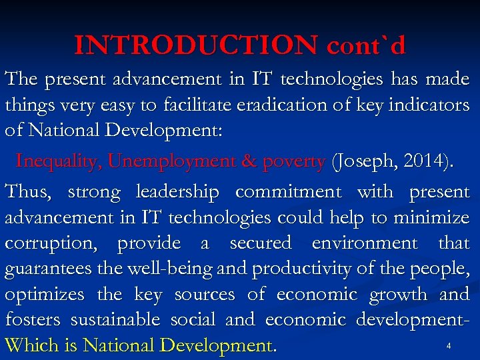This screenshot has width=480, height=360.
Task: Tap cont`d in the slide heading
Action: (x=366, y=45)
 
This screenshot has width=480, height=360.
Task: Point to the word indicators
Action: (x=430, y=105)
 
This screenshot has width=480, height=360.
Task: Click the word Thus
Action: (x=27, y=191)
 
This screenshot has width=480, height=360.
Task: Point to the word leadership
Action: (x=177, y=193)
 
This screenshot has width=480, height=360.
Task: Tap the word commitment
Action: (x=288, y=191)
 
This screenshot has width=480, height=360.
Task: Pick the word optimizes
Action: (x=45, y=295)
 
